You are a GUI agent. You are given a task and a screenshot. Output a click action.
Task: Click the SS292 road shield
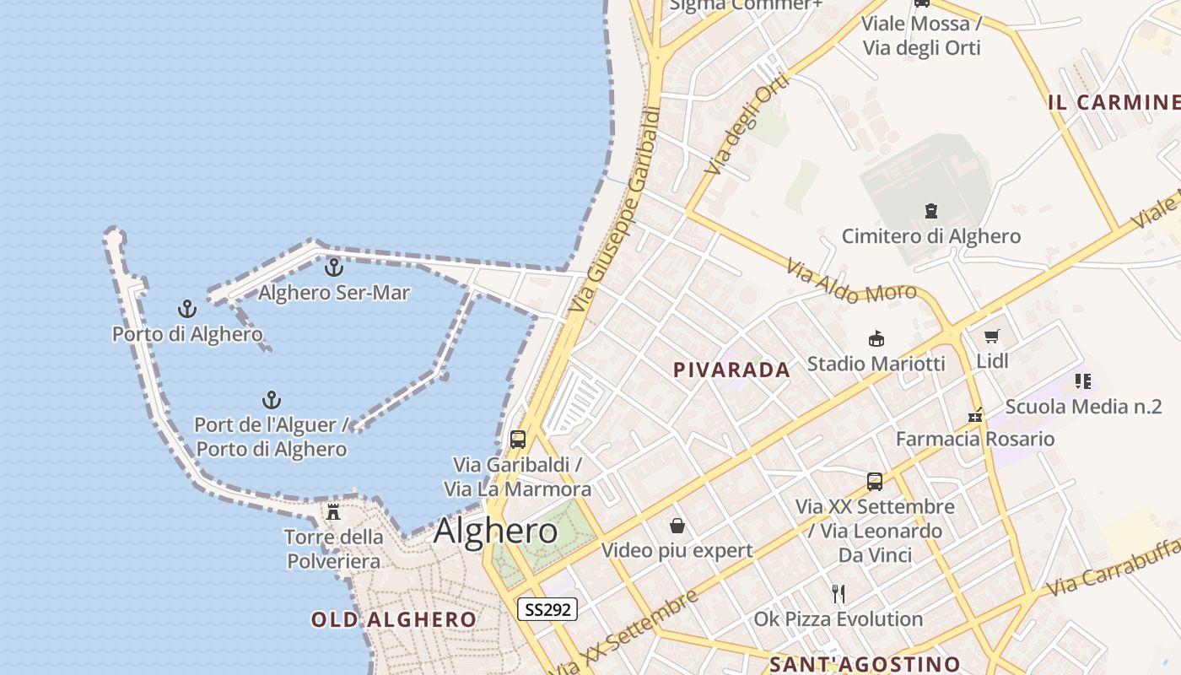point(547,609)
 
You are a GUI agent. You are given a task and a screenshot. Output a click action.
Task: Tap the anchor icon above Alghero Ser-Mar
point(334,268)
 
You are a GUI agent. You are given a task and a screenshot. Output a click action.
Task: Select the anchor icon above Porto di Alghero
point(186,309)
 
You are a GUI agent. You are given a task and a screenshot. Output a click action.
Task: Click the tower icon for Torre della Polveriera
point(333,511)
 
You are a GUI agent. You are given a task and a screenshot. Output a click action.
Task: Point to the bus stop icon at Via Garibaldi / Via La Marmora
point(518,440)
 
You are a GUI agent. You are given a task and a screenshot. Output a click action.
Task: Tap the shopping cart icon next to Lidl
point(992,337)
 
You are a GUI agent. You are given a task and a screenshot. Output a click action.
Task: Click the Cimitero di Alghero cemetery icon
point(931,211)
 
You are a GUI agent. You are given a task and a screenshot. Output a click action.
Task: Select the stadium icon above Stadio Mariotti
point(876,339)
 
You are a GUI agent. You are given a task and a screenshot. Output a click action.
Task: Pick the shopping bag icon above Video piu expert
point(677,526)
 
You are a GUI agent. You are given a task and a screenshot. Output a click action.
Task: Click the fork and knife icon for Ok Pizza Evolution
point(839,594)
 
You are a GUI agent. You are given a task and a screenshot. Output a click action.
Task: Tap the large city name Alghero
point(495,531)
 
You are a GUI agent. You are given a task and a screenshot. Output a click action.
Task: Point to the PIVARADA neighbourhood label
point(732,370)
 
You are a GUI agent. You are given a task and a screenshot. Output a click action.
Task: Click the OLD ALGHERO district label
point(394,620)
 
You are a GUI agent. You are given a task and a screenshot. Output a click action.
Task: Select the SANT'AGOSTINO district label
point(866,664)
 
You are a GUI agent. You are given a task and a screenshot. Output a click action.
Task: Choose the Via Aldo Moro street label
point(851,282)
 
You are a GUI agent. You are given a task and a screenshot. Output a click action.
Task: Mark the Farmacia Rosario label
point(974,439)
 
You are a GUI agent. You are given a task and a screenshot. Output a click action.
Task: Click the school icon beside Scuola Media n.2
point(1083,381)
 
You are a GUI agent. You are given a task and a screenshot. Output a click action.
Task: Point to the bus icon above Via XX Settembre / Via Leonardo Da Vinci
point(875,482)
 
